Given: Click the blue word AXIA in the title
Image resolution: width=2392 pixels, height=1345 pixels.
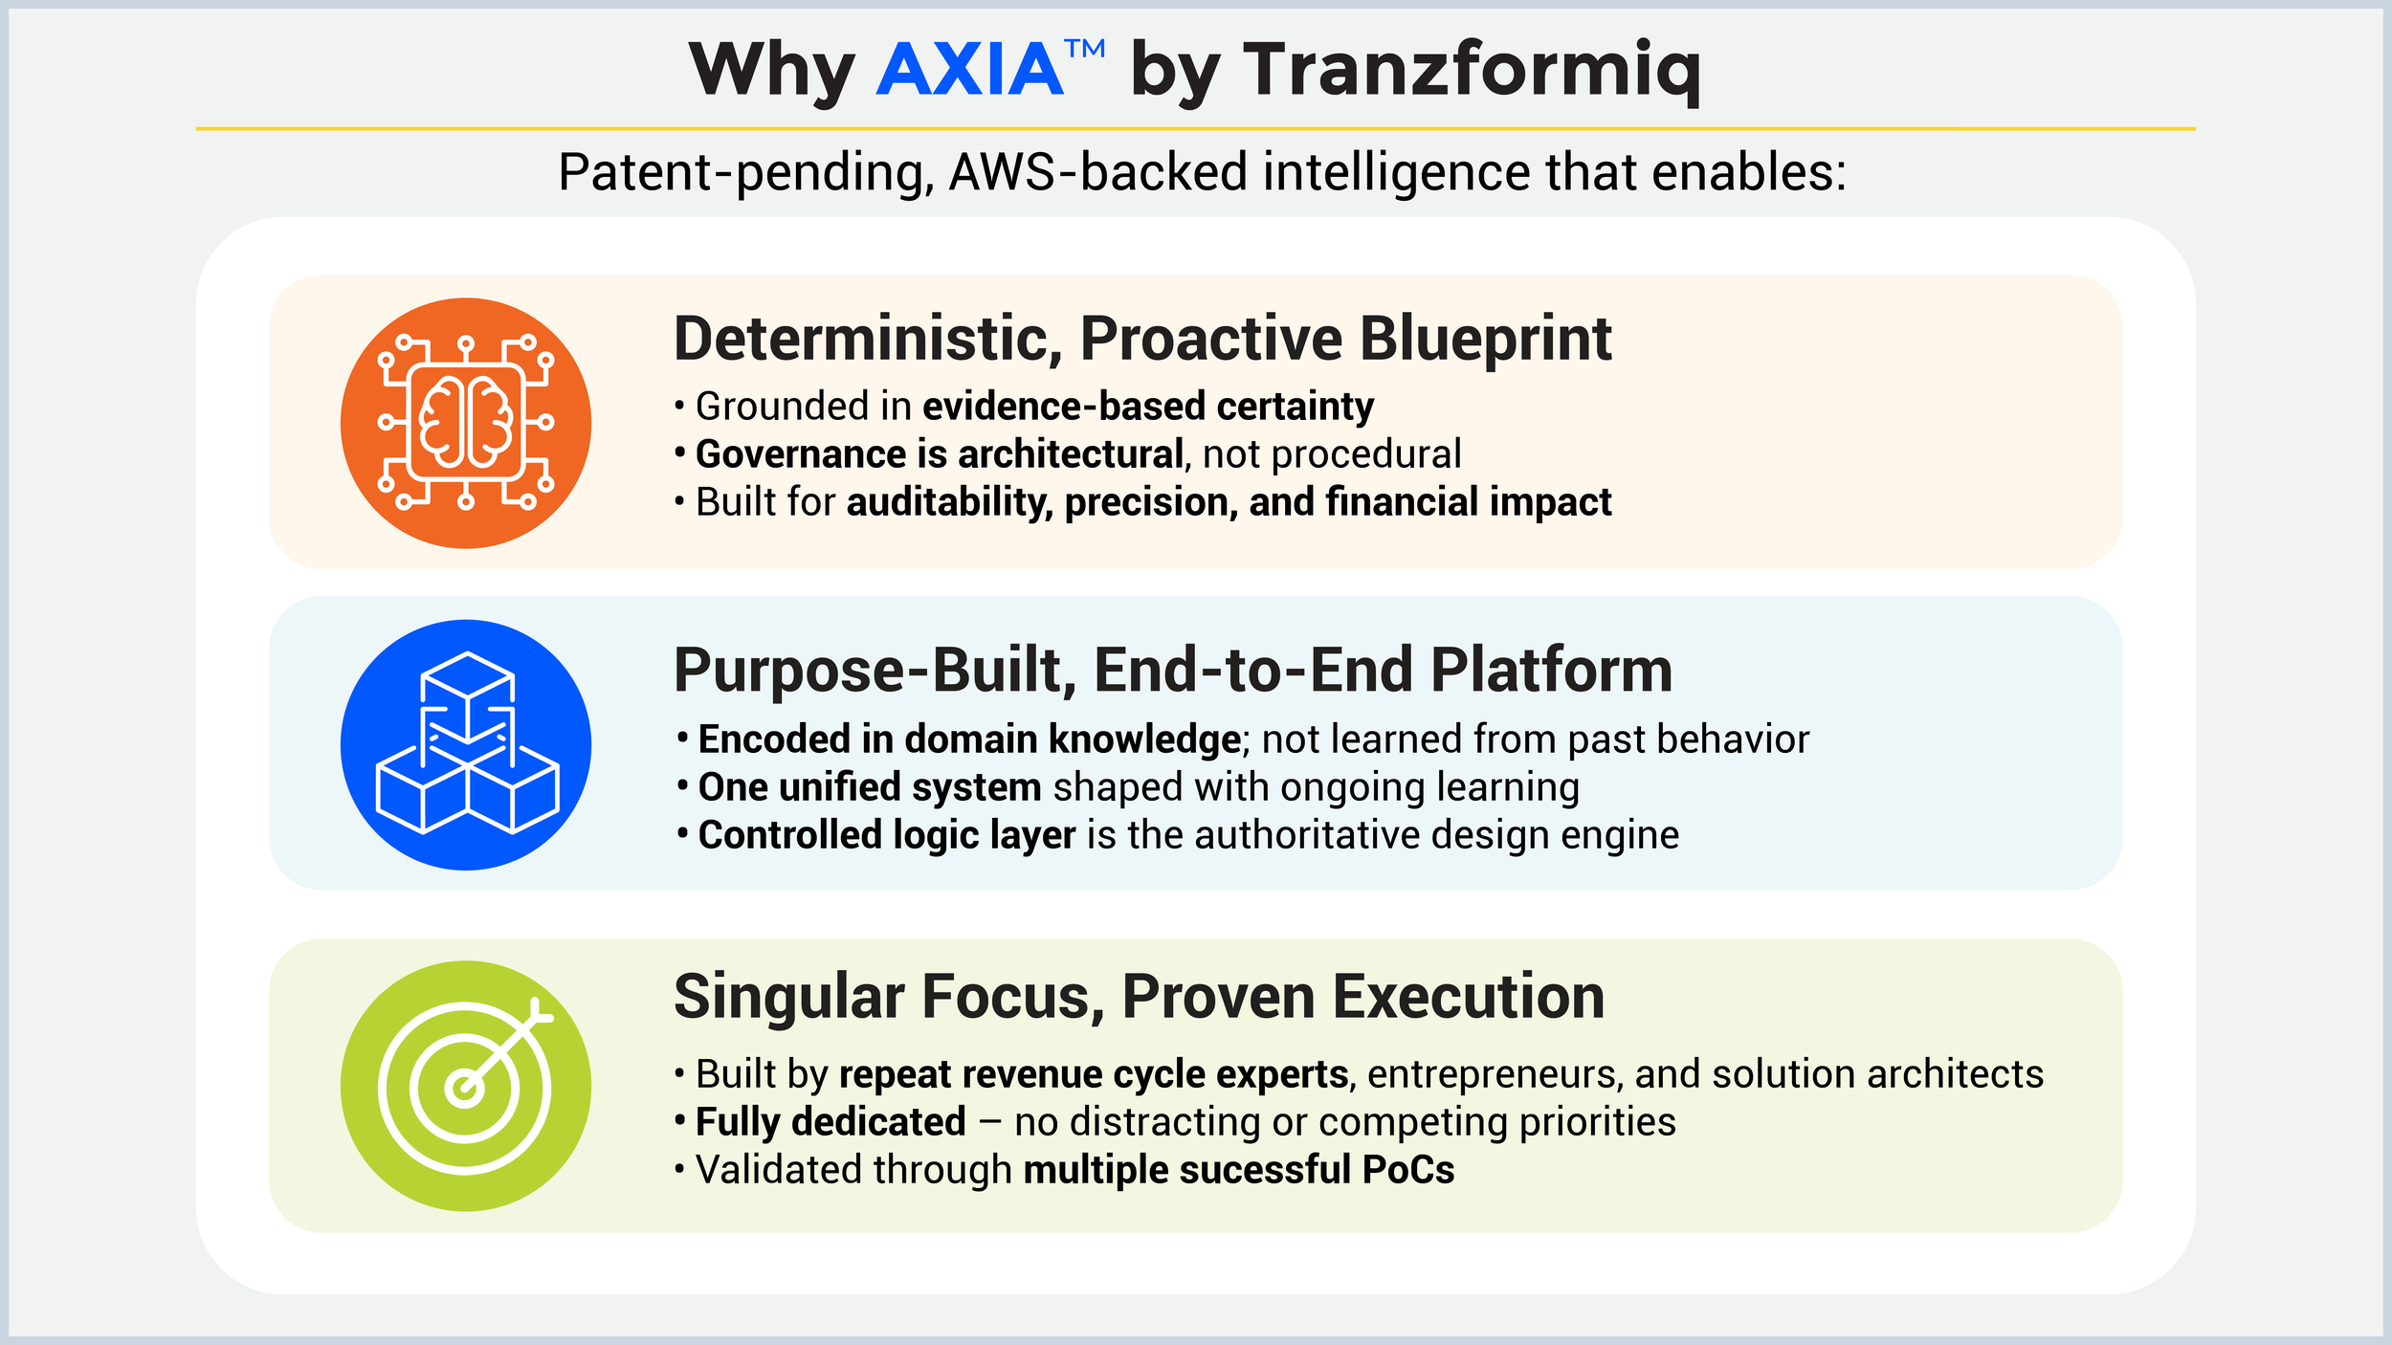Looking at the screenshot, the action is click(x=969, y=70).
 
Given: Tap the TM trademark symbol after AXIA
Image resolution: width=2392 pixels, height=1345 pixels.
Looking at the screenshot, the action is click(x=1086, y=49).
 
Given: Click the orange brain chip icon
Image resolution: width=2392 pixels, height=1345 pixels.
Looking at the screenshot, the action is click(x=466, y=423).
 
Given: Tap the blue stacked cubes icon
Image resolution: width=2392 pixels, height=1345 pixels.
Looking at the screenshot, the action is click(x=466, y=744).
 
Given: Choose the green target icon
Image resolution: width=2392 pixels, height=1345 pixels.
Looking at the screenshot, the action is click(x=466, y=1086).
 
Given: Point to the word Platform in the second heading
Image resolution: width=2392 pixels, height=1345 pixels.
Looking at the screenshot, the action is click(x=1552, y=670).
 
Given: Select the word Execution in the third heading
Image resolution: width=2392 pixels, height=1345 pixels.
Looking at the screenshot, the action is click(x=1469, y=997).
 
